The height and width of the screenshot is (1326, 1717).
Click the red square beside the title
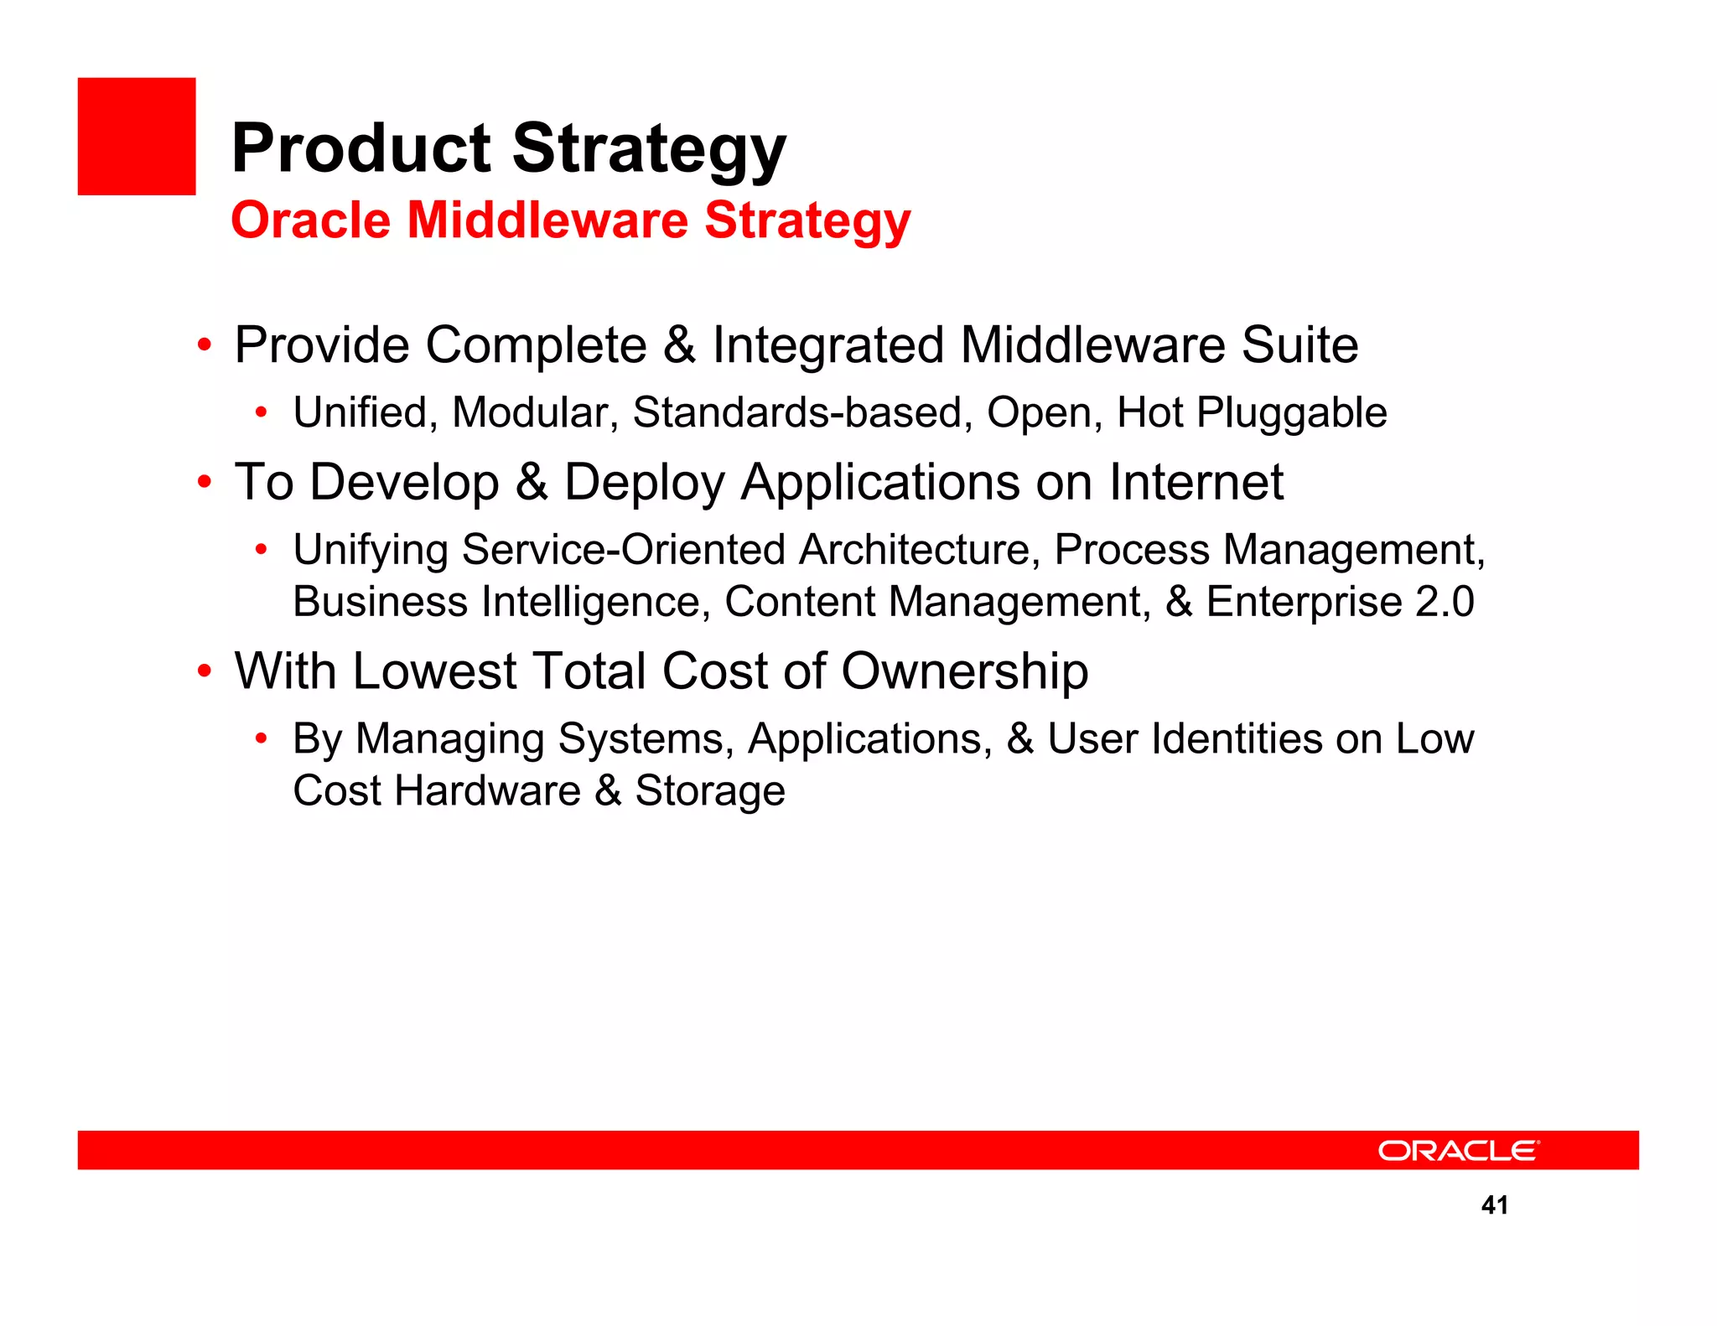(x=137, y=137)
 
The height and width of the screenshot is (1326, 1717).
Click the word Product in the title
(x=361, y=148)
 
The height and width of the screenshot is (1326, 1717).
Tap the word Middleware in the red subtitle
(x=547, y=220)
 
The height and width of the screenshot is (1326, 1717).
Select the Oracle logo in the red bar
(x=1458, y=1150)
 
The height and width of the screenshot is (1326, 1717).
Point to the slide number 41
(x=1495, y=1205)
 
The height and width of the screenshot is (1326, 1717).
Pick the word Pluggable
(x=1291, y=413)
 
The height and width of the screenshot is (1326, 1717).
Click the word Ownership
(x=964, y=671)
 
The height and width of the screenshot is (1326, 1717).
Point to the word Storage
(x=709, y=790)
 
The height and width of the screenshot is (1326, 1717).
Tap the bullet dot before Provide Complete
(x=204, y=344)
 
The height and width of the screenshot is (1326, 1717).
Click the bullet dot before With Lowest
(x=204, y=671)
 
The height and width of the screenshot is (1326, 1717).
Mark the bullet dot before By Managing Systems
(x=262, y=738)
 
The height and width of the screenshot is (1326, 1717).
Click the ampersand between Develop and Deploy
(x=532, y=482)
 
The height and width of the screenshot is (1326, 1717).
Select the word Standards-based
(x=802, y=412)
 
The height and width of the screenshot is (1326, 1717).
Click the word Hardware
(x=487, y=790)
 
